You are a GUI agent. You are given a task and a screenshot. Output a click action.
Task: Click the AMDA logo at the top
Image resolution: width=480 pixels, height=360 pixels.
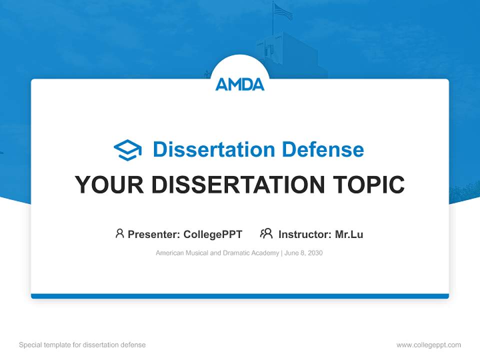[x=240, y=84]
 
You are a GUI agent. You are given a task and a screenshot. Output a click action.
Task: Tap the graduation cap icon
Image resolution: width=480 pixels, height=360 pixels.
[x=127, y=150]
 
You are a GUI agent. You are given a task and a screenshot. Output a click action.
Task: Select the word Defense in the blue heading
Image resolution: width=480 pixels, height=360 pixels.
[x=322, y=149]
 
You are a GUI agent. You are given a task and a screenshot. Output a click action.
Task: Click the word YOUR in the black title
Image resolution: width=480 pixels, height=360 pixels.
[x=109, y=185]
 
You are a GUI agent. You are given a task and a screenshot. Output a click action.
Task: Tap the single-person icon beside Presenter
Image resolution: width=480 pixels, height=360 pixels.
[x=119, y=233]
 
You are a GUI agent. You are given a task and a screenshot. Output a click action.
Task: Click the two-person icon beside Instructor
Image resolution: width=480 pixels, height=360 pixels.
[x=266, y=233]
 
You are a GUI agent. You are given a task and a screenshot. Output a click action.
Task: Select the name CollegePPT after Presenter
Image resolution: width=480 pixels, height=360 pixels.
[x=212, y=234]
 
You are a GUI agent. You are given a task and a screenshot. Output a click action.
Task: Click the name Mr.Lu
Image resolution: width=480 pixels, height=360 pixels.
[x=349, y=234]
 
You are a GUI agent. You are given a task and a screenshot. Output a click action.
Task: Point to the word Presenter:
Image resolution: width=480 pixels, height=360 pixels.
[x=153, y=234]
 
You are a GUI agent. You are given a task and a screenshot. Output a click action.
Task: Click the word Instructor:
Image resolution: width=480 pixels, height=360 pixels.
[x=304, y=234]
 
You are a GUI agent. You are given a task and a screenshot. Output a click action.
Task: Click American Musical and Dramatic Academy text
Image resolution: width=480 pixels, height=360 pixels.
[x=217, y=253]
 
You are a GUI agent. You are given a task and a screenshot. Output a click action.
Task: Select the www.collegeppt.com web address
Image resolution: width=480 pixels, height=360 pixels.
[x=428, y=345]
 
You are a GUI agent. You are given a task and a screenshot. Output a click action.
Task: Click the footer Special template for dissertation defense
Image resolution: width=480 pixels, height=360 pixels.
[x=82, y=345]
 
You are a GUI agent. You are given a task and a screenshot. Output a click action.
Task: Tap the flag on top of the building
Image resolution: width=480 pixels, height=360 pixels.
[x=282, y=11]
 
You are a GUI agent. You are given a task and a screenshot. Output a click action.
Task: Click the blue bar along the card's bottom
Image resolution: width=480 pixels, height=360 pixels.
[x=240, y=296]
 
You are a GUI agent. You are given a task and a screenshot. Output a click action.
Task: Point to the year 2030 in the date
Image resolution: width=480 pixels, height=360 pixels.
[x=315, y=253]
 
